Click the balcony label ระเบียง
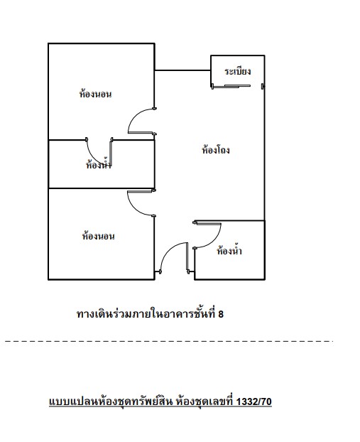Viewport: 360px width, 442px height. [237, 71]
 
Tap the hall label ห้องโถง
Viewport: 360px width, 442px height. [216, 149]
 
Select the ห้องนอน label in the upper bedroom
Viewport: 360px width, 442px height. [95, 93]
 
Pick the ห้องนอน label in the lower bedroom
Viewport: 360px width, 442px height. [98, 236]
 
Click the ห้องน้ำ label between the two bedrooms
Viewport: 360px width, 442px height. [99, 163]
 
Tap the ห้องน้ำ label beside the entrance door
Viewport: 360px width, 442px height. [229, 250]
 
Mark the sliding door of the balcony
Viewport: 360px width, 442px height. [231, 86]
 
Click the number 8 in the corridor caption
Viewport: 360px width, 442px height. [221, 314]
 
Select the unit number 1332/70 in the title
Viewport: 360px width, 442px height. [253, 401]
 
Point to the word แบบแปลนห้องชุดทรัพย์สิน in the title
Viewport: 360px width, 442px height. [111, 401]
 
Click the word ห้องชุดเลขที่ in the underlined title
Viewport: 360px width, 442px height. [204, 401]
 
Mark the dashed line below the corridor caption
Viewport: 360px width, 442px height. [168, 342]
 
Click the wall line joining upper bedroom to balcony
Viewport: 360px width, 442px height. [182, 70]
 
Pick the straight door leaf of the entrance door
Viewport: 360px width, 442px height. [187, 257]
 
